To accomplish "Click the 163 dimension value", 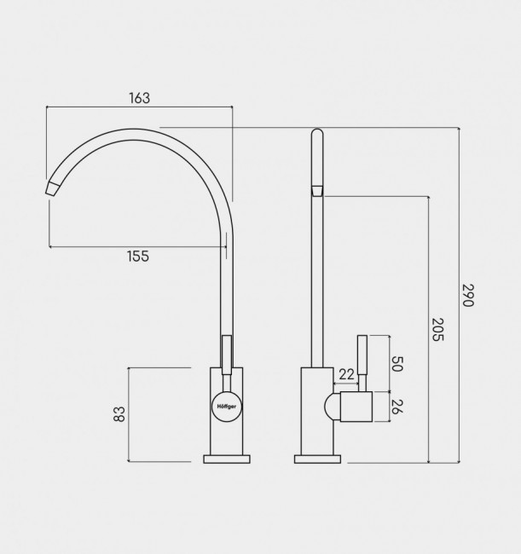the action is tap(140, 98).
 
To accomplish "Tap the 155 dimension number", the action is tap(138, 256).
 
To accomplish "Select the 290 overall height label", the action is tap(467, 295).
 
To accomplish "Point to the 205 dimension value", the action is tap(437, 329).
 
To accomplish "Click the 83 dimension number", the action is tap(119, 413).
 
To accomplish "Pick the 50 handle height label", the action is tap(397, 364).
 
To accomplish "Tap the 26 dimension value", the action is tap(397, 407).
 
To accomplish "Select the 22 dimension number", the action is tap(346, 374).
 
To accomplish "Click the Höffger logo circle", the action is tap(227, 407).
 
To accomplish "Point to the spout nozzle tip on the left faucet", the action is tap(52, 188).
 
